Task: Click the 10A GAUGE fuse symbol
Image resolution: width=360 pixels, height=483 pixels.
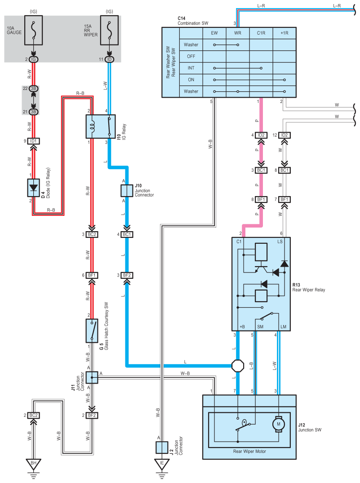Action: [33, 30]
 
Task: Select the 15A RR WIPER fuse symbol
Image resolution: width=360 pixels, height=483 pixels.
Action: [109, 30]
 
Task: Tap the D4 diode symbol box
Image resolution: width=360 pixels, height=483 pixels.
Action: [33, 188]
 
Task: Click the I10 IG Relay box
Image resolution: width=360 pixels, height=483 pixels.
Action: [100, 127]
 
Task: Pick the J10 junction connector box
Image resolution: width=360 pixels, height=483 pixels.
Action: [127, 191]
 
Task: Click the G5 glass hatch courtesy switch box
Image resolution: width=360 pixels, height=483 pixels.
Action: [92, 331]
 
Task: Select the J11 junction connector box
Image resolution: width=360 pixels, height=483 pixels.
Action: [92, 377]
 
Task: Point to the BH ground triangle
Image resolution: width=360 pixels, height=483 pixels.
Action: [33, 464]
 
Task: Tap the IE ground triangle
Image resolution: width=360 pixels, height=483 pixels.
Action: [162, 464]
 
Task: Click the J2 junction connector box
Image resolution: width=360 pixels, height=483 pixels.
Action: [162, 447]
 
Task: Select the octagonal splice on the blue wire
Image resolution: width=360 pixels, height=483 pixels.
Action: [237, 366]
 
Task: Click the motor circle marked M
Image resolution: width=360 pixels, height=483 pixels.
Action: [279, 424]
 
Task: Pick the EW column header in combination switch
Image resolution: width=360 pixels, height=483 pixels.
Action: [214, 33]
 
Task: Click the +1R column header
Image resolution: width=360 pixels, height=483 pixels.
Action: [284, 33]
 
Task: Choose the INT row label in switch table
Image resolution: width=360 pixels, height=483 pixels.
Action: [191, 68]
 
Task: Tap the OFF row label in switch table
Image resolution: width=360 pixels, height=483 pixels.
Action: [191, 56]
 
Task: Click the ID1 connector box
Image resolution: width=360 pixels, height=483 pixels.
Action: [33, 141]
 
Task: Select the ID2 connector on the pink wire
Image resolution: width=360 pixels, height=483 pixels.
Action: [261, 135]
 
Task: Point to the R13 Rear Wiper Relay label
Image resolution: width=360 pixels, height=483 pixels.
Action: [309, 287]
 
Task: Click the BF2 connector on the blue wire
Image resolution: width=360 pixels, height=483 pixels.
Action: [127, 275]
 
